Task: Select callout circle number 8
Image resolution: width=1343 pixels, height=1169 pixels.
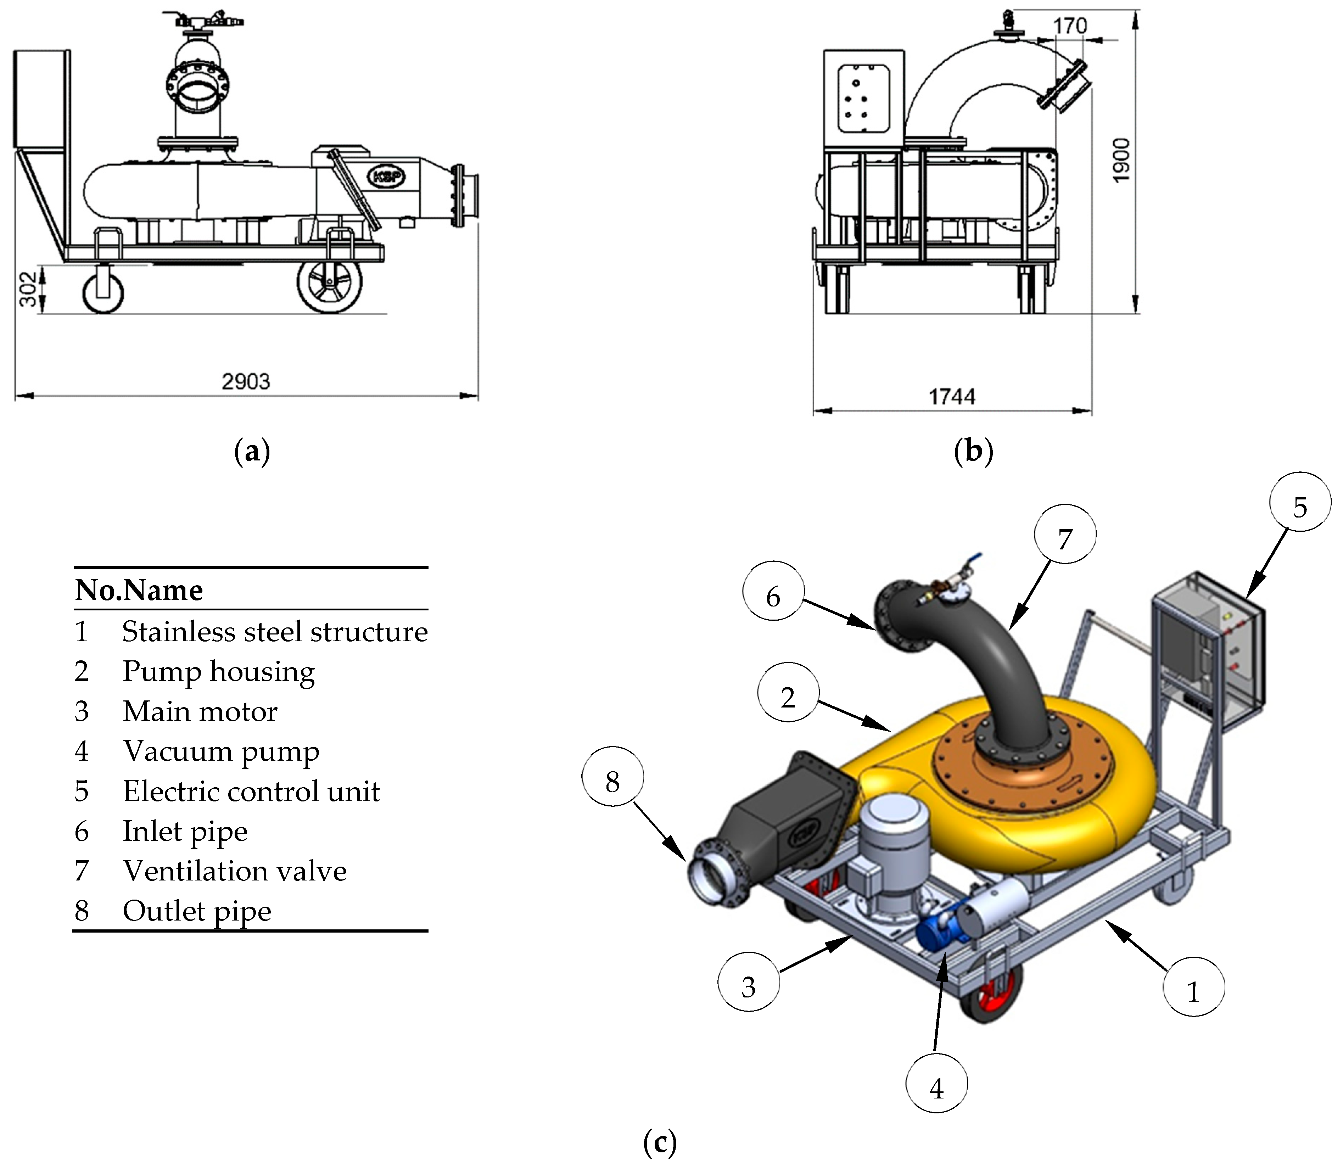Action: [612, 781]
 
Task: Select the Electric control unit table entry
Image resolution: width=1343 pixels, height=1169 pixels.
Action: [251, 791]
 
